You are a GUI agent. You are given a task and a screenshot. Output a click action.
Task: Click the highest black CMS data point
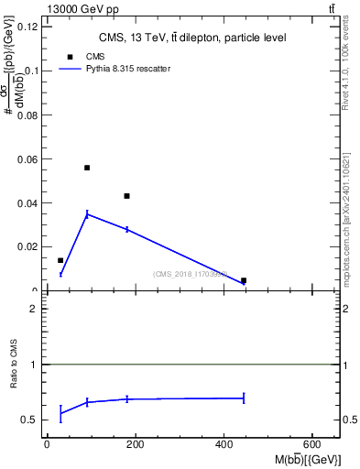[87, 168]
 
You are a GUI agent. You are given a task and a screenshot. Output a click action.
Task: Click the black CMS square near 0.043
[127, 196]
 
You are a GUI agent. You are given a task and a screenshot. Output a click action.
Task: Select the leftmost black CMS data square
[60, 260]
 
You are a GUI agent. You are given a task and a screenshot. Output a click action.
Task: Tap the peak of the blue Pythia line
[87, 213]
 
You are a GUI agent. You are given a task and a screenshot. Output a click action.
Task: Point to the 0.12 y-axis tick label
[28, 27]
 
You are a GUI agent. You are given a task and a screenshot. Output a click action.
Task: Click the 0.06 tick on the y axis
[28, 159]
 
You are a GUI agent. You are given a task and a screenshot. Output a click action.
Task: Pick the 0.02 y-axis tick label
[28, 247]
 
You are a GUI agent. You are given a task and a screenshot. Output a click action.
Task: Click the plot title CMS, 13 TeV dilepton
[191, 38]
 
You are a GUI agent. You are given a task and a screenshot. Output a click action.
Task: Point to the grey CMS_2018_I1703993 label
[190, 273]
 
